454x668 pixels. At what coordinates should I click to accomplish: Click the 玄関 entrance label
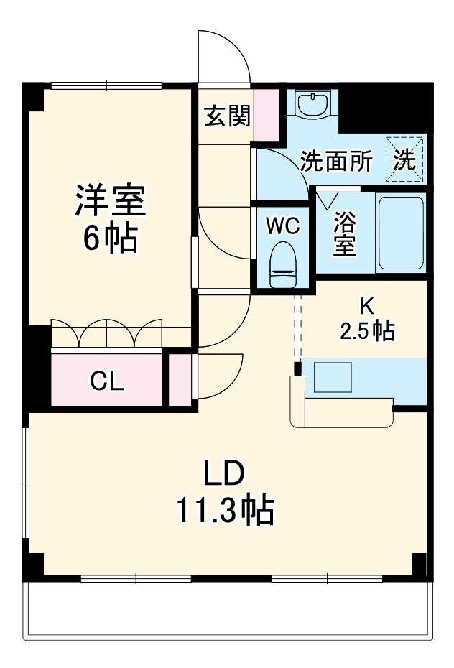pos(227,116)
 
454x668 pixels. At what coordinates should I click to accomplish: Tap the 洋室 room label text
pos(111,202)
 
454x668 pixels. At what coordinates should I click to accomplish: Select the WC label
pos(282,226)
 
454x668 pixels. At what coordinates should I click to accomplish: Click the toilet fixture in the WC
pos(282,264)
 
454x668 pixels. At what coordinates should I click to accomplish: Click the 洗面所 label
pos(336,162)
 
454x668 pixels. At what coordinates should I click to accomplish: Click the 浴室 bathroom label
pos(344,234)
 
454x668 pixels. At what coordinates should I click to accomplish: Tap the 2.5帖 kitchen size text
pos(366,331)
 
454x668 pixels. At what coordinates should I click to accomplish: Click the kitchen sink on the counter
pos(331,376)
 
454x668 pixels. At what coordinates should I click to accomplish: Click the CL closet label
pos(106,381)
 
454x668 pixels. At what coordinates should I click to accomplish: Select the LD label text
pos(224,475)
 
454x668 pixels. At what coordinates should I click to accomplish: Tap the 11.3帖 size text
pos(224,511)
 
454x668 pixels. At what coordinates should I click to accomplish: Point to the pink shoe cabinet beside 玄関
pos(267,115)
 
